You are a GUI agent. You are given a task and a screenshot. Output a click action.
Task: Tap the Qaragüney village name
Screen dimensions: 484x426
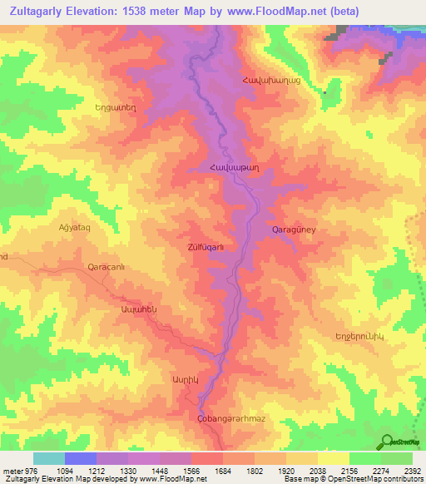(x=295, y=228)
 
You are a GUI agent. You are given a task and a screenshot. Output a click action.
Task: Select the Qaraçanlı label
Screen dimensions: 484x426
(x=106, y=267)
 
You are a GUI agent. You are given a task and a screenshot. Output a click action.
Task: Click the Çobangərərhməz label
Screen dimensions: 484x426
(x=232, y=418)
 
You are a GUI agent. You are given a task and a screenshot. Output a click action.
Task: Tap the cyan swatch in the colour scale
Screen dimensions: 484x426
(x=49, y=458)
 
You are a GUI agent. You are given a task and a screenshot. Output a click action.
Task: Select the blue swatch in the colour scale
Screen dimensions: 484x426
(x=81, y=458)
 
